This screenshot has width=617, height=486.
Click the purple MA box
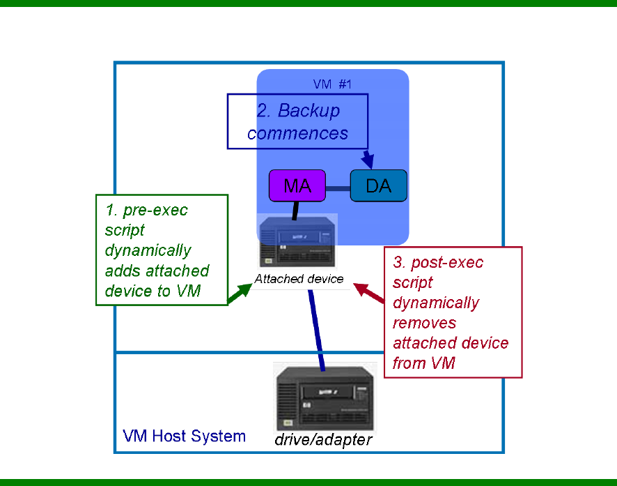pyautogui.click(x=298, y=186)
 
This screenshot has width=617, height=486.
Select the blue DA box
pyautogui.click(x=378, y=186)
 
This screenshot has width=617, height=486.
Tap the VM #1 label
pyautogui.click(x=333, y=84)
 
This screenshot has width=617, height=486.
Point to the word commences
pyautogui.click(x=297, y=132)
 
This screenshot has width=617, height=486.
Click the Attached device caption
pyautogui.click(x=299, y=279)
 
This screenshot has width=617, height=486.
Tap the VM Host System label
pyautogui.click(x=184, y=436)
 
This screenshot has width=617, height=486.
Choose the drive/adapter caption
pyautogui.click(x=323, y=440)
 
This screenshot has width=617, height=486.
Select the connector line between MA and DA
pyautogui.click(x=338, y=188)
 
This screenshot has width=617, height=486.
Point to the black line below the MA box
pyautogui.click(x=296, y=208)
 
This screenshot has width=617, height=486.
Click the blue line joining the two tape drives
pyautogui.click(x=317, y=328)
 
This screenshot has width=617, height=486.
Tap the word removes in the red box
pyautogui.click(x=425, y=323)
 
